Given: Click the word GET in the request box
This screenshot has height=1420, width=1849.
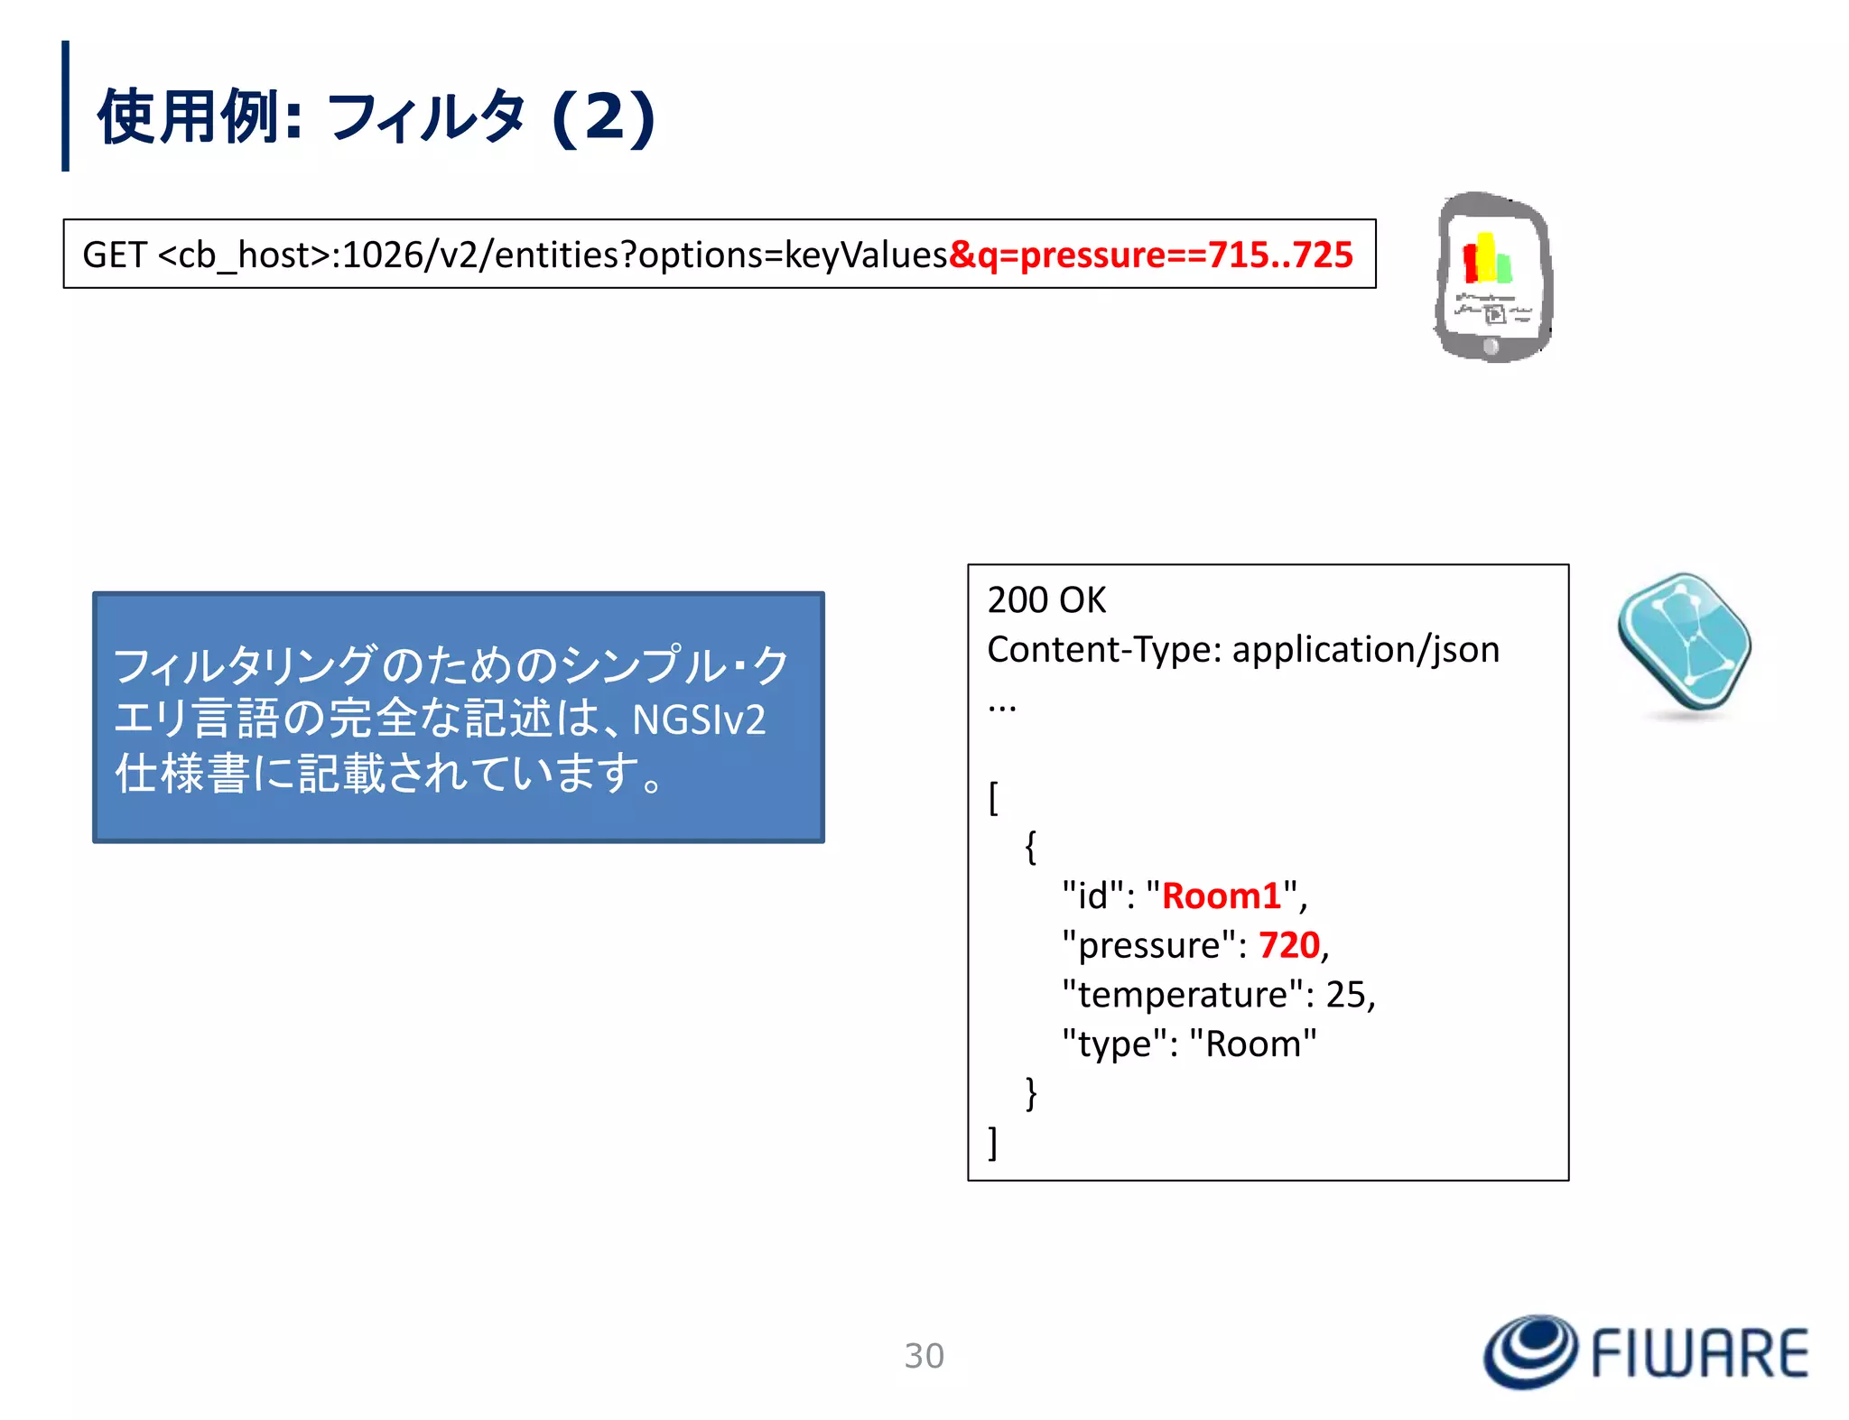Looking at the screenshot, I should [x=114, y=255].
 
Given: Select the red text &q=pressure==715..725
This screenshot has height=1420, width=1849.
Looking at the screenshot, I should [x=1151, y=255].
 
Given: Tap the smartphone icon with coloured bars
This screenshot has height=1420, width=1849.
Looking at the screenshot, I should [x=1492, y=277].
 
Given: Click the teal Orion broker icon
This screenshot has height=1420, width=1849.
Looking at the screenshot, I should [x=1684, y=642].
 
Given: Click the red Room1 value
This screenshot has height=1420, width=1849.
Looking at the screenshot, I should [x=1221, y=896].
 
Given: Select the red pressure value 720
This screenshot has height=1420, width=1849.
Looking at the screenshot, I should [x=1288, y=945].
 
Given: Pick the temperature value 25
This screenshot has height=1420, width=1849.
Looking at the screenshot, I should [x=1345, y=995].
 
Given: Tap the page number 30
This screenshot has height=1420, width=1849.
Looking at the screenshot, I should [x=924, y=1356].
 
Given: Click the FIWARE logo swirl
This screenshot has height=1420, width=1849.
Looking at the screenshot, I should [x=1529, y=1351].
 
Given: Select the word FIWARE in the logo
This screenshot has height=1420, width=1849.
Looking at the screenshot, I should [x=1699, y=1353].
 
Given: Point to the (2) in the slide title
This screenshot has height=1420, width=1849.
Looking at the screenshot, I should [x=603, y=117].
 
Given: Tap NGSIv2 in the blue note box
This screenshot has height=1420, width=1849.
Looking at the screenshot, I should [x=699, y=720].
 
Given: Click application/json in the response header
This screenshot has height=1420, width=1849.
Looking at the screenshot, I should [x=1365, y=650].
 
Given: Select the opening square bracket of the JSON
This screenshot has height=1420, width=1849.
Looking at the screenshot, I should [x=993, y=798].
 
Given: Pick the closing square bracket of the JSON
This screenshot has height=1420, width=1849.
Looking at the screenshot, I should [x=993, y=1143].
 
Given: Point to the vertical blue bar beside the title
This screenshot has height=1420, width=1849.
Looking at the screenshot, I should [x=65, y=106].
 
